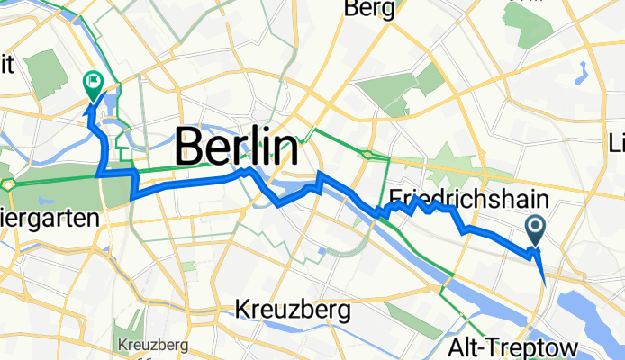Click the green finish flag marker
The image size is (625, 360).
click(x=93, y=84)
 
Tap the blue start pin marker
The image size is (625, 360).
click(x=535, y=230)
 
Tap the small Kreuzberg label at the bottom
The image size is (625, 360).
click(x=152, y=345)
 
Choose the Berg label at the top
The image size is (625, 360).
click(x=369, y=10)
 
